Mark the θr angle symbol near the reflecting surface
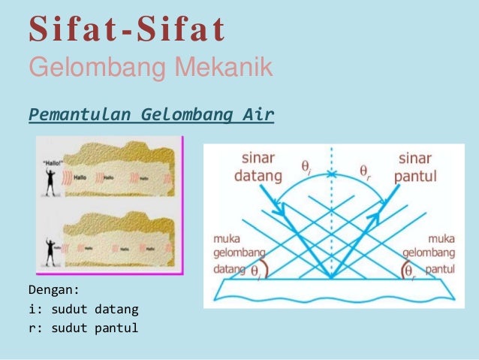(x=410, y=269)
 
